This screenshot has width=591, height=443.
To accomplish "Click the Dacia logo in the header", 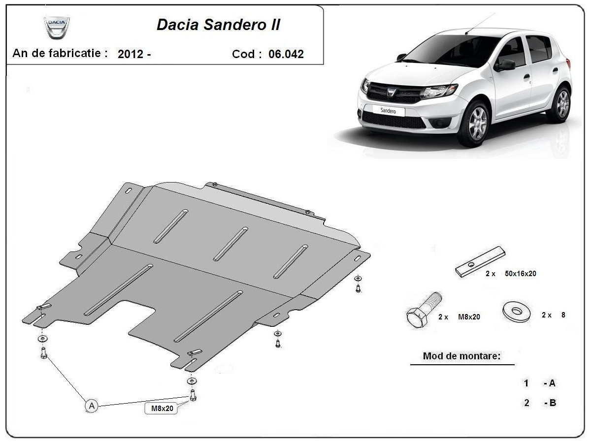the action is pos(57,28).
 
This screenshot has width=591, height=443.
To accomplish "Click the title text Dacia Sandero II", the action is pos(218,25).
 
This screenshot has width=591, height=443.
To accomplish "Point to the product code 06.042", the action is pos(286,54).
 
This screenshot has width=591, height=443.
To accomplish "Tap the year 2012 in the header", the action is pos(131,54).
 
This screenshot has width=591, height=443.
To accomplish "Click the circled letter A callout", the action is pos(92,406).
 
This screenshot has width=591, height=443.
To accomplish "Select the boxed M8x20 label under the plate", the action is pos(162,409).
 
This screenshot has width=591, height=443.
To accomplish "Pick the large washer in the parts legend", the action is pos(517,312).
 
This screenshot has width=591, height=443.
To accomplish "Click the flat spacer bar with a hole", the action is pos(480,261).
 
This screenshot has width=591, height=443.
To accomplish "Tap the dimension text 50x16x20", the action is pos(521,274).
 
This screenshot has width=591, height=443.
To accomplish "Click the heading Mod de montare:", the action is pos(462,356).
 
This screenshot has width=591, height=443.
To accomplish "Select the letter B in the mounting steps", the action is pos(553,403).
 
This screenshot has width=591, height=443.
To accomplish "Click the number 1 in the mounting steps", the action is pos(526,383).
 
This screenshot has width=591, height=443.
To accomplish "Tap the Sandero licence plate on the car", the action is pos(388,111).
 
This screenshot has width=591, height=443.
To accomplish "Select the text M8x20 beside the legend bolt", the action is pos(469,317).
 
